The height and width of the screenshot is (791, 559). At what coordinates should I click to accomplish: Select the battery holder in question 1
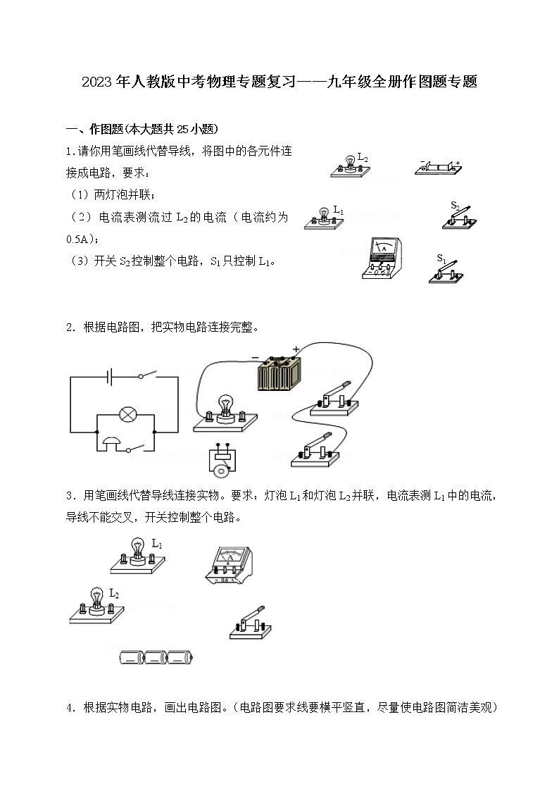[x=438, y=168]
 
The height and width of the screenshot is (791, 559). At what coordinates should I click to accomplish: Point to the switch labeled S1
[x=446, y=271]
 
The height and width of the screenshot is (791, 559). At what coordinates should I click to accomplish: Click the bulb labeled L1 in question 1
[x=324, y=218]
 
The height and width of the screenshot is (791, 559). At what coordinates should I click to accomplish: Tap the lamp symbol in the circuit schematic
[x=127, y=414]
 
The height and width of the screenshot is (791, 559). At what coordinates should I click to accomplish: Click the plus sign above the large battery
[x=296, y=349]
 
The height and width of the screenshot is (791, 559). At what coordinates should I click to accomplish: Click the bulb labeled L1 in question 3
[x=137, y=552]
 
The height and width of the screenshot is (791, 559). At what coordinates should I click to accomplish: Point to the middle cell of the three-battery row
[x=156, y=657]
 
